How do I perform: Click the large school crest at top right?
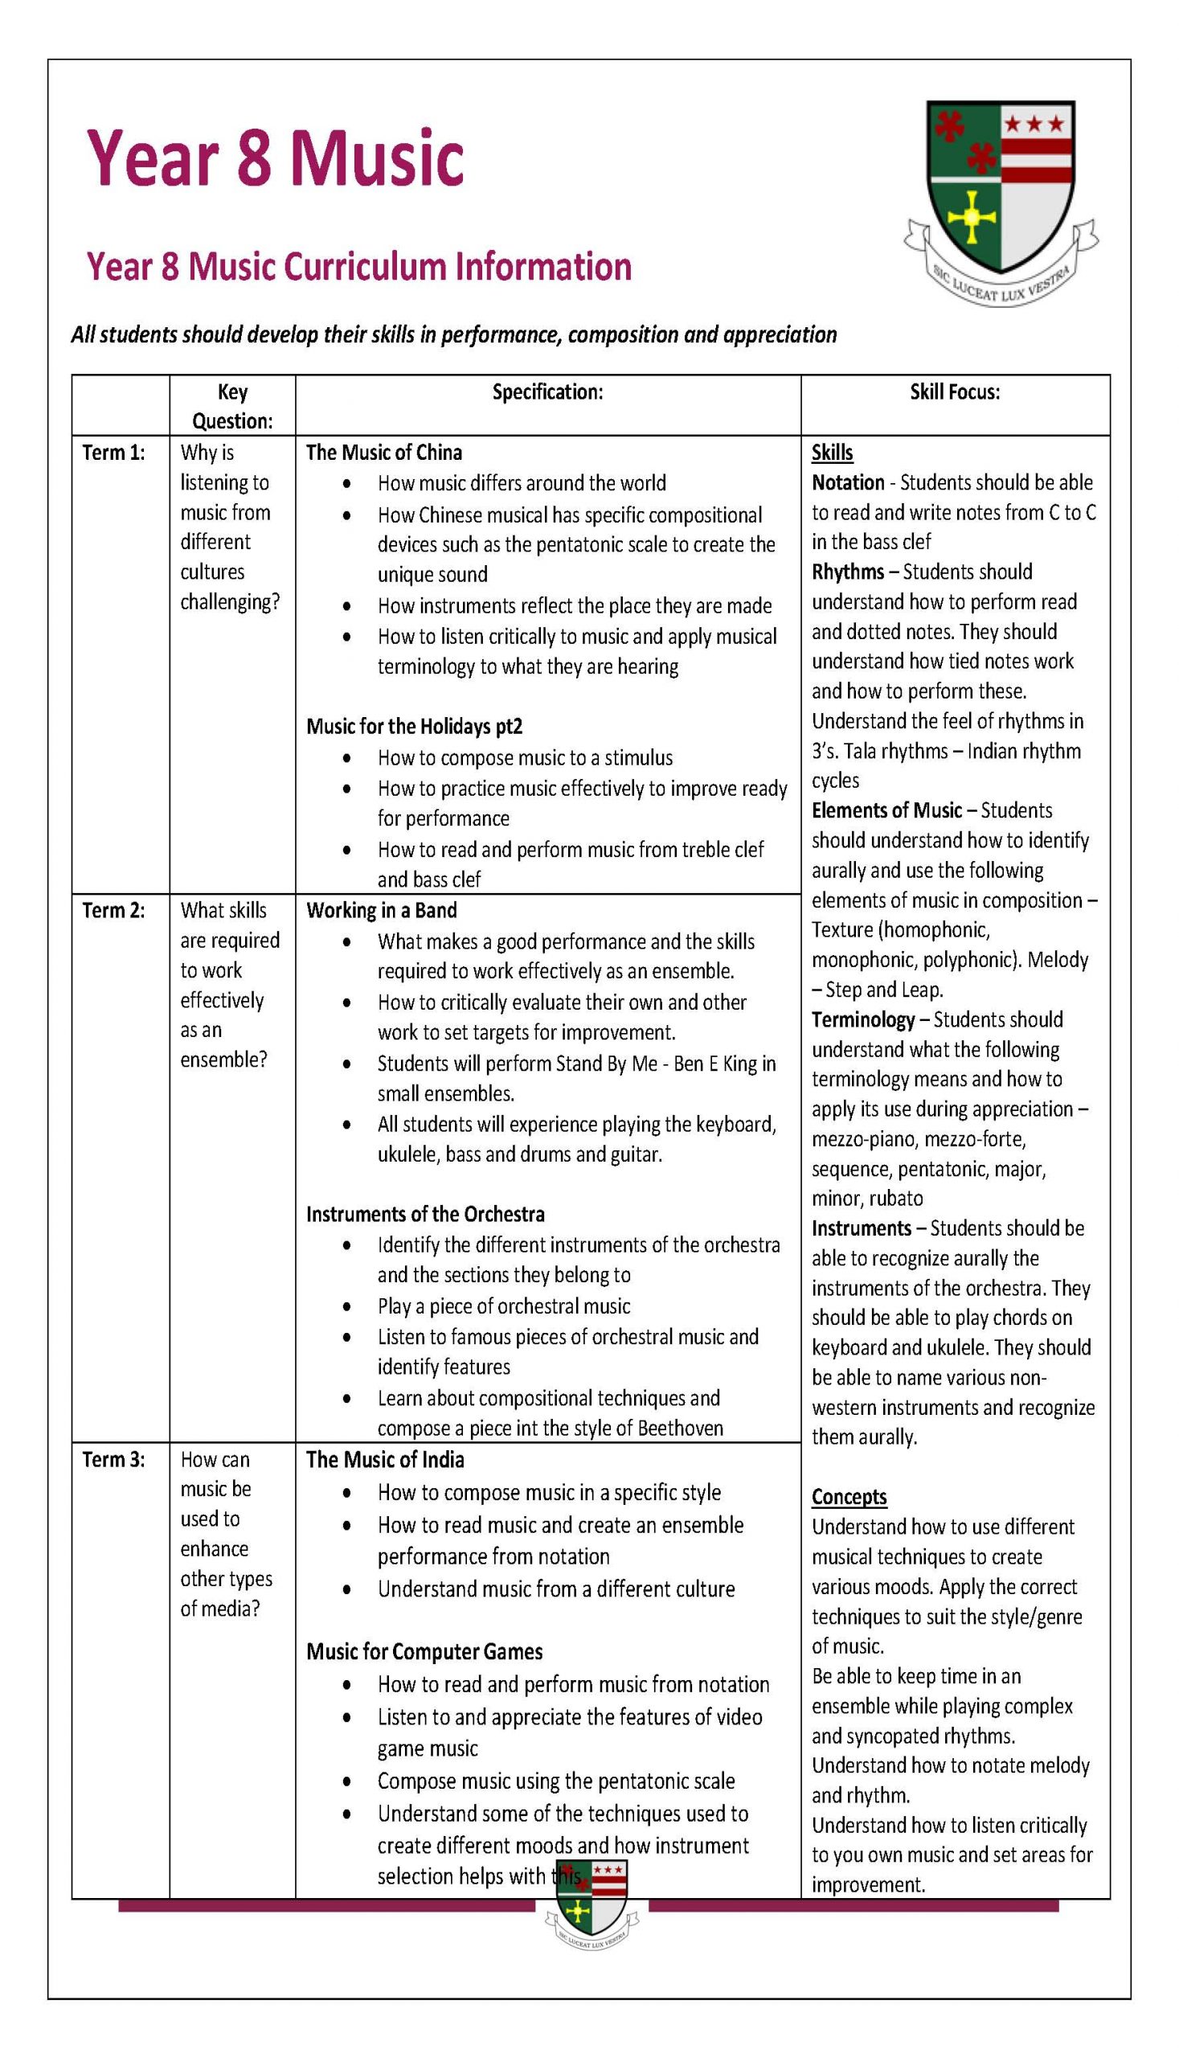tap(1001, 203)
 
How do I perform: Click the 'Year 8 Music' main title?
tap(276, 157)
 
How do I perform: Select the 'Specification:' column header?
tap(547, 392)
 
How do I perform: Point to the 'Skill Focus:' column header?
tap(955, 392)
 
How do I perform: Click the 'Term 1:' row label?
tap(113, 453)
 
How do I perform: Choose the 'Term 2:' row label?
tap(113, 910)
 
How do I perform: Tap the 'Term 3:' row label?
tap(113, 1459)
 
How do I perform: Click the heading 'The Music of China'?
tap(384, 453)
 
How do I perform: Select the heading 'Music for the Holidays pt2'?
tap(414, 727)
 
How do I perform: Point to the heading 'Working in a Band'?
tap(382, 910)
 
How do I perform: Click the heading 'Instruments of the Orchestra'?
tap(425, 1214)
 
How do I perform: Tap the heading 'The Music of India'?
tap(385, 1459)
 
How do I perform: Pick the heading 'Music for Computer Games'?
tap(424, 1651)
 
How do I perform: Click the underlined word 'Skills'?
tap(832, 453)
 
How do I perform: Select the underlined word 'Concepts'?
tap(849, 1497)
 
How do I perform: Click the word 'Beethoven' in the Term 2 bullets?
tap(680, 1428)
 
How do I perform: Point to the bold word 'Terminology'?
tap(863, 1019)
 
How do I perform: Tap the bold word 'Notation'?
tap(848, 482)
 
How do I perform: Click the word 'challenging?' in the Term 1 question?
tap(230, 602)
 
